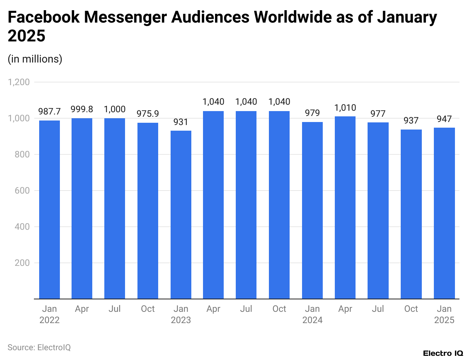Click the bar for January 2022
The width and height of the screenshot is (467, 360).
click(x=49, y=209)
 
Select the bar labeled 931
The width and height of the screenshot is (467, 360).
click(x=181, y=215)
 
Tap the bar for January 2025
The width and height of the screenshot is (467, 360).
click(x=444, y=213)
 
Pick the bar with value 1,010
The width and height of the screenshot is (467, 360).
click(x=345, y=207)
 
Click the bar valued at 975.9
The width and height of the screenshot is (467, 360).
click(x=148, y=211)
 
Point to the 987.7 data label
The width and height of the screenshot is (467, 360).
click(x=49, y=111)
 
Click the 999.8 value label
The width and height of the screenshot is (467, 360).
click(x=82, y=109)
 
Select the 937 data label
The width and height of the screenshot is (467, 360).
click(x=411, y=121)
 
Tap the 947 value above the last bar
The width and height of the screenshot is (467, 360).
click(x=444, y=119)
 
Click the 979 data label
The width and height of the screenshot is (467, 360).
click(x=312, y=113)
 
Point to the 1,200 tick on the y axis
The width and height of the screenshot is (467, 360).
click(x=19, y=82)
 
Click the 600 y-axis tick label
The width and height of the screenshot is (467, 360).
click(x=22, y=191)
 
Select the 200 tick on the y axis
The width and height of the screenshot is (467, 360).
click(x=22, y=263)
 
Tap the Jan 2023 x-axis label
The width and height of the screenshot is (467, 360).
click(x=181, y=314)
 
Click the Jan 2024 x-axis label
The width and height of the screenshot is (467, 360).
click(x=312, y=314)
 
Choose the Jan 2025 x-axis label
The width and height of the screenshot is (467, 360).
click(x=444, y=314)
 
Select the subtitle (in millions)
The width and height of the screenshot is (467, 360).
click(x=35, y=59)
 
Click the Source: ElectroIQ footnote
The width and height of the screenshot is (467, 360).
click(x=39, y=347)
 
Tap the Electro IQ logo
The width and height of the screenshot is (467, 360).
click(x=443, y=353)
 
